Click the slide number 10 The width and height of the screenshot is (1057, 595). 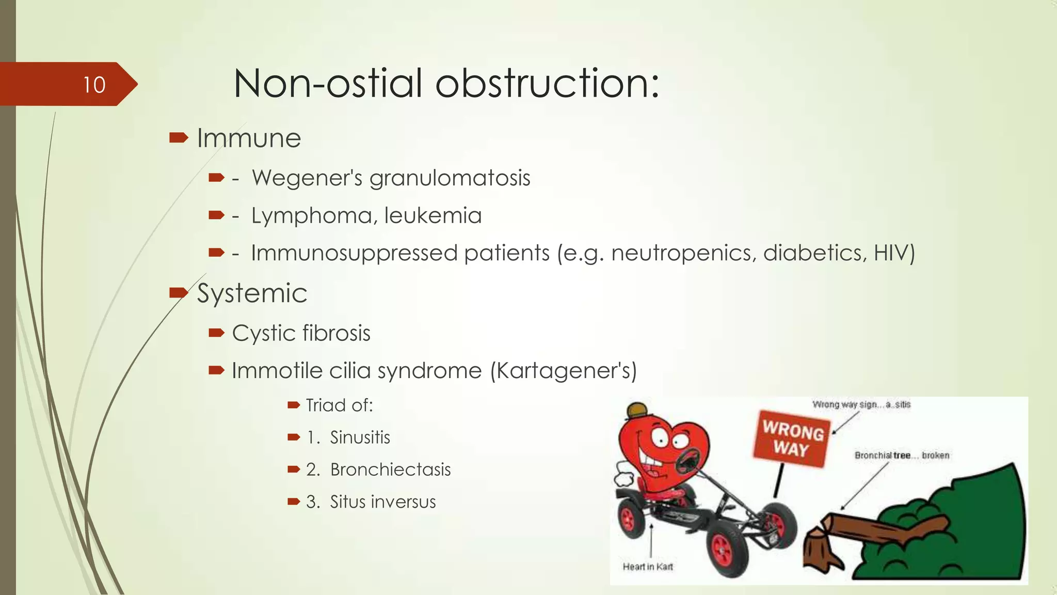tap(94, 85)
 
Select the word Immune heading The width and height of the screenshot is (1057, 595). tap(249, 138)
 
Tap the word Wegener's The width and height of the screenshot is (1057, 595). tap(307, 178)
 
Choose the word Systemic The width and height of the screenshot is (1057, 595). tap(252, 293)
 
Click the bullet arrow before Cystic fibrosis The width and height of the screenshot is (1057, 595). tap(216, 333)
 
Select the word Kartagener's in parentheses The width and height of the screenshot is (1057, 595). tap(563, 371)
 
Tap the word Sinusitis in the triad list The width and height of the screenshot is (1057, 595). tap(360, 437)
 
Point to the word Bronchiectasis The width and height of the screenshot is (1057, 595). tap(390, 469)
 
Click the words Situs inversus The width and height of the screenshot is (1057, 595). tap(382, 502)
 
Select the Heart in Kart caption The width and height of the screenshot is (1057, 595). tap(648, 567)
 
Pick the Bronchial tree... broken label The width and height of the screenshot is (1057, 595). tap(902, 455)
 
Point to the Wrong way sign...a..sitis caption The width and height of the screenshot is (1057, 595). tap(861, 404)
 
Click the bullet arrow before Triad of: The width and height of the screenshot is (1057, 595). tap(294, 405)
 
